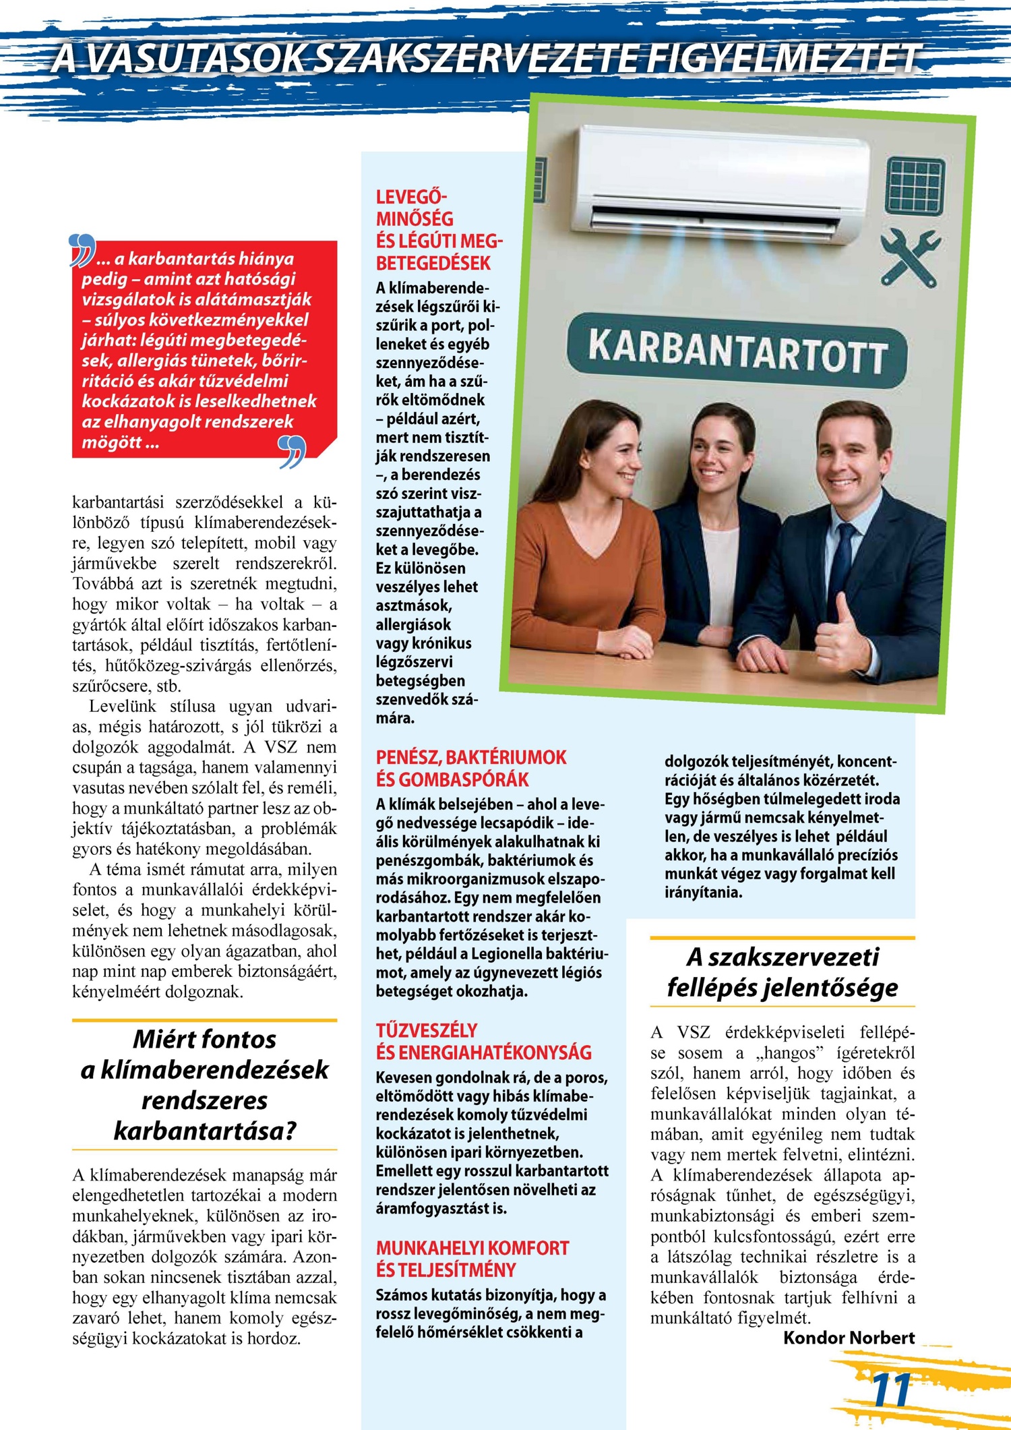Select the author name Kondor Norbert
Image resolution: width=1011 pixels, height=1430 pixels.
click(x=849, y=1338)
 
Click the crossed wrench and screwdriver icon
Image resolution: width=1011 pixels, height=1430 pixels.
click(x=910, y=257)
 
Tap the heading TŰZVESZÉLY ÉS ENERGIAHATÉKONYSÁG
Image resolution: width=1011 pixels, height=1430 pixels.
click(x=483, y=1042)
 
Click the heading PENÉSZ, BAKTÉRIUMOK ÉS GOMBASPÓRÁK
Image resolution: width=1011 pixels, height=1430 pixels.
click(x=471, y=768)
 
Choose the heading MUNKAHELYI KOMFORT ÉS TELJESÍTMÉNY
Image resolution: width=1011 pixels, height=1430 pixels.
click(x=472, y=1259)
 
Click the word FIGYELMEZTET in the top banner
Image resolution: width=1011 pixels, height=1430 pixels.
click(x=781, y=59)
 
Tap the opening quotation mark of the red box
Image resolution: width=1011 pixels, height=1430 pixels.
click(x=82, y=250)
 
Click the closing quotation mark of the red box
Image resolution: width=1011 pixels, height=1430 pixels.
click(x=293, y=451)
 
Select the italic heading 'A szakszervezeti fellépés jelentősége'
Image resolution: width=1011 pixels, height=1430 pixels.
click(x=783, y=972)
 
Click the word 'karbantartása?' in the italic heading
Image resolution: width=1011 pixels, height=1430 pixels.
click(x=205, y=1131)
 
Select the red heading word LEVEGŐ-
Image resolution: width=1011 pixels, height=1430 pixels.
click(x=410, y=197)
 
